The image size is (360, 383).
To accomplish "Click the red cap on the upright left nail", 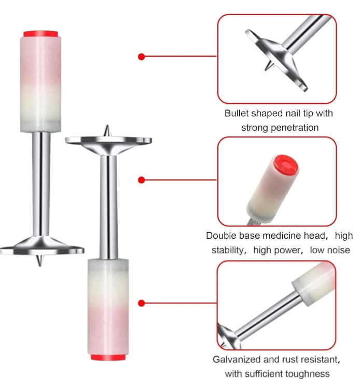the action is pos(41,34).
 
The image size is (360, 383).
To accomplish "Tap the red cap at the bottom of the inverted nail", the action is pos(108,358).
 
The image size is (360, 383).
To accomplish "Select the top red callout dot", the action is pos(141,57).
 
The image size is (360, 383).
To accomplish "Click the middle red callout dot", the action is pos(141,180).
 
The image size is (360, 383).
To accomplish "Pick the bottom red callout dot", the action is pos(141,303).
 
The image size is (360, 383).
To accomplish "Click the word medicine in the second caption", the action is pos(278,236).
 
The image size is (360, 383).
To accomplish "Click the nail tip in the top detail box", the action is pos(269,65).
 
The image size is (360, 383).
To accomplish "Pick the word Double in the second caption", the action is pos(221,236).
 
